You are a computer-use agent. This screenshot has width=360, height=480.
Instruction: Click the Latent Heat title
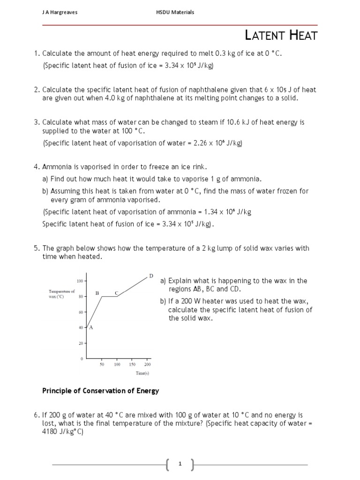coord(281,35)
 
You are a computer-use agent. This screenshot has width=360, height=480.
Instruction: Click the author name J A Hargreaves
coord(60,13)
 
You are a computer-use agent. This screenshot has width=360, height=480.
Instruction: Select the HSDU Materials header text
coord(175,13)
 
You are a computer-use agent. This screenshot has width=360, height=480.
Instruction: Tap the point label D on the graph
coord(151,276)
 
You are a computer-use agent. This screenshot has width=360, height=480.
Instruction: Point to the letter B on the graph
coord(97,293)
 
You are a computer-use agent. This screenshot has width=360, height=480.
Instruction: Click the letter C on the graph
coord(117,293)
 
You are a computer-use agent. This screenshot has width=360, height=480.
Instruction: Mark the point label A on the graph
coord(91,328)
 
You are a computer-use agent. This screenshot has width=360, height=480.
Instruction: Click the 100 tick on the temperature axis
coord(80,281)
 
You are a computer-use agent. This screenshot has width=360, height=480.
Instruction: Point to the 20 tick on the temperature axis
coord(81,343)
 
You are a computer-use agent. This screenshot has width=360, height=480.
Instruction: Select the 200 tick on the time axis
coord(147,364)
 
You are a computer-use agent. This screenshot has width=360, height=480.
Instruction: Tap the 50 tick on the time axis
coord(101,364)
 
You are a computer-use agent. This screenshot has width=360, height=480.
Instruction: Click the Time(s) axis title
coord(142,373)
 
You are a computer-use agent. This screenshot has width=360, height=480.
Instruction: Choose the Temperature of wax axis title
coord(61,294)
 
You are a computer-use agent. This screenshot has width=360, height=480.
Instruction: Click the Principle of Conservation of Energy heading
coord(101,391)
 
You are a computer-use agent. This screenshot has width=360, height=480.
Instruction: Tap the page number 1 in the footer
coord(180,464)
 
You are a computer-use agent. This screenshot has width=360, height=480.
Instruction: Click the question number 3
coord(36,122)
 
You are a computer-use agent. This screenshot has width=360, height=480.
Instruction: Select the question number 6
coord(36,415)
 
